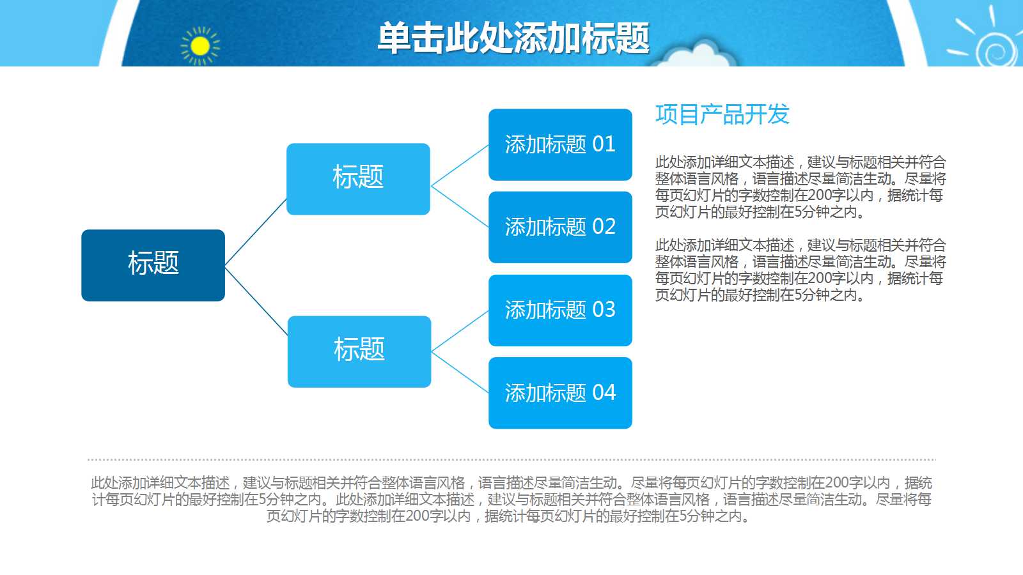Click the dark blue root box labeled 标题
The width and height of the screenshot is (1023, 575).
[x=153, y=265]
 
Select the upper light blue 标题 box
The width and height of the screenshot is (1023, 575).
[x=358, y=179]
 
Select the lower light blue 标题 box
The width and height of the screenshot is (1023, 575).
[x=359, y=351]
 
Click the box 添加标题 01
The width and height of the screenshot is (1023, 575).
[x=560, y=144]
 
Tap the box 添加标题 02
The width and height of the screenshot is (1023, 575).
[x=560, y=227]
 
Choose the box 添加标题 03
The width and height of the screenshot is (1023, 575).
[x=560, y=310]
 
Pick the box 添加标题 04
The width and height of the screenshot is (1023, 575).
[x=560, y=392]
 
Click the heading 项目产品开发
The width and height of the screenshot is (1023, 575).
[x=722, y=115]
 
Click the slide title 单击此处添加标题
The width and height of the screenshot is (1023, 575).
[x=513, y=38]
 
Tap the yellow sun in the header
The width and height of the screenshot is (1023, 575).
[x=200, y=46]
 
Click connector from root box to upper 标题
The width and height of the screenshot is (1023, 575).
[x=256, y=231]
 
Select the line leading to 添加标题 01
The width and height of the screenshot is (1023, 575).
[x=460, y=165]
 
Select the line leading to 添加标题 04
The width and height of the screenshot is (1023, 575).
[x=460, y=372]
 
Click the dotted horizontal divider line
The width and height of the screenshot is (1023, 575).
[x=511, y=459]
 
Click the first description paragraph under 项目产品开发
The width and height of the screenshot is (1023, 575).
[x=799, y=187]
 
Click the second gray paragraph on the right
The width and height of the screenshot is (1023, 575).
[x=799, y=270]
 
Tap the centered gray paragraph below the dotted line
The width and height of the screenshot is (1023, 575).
[x=511, y=500]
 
